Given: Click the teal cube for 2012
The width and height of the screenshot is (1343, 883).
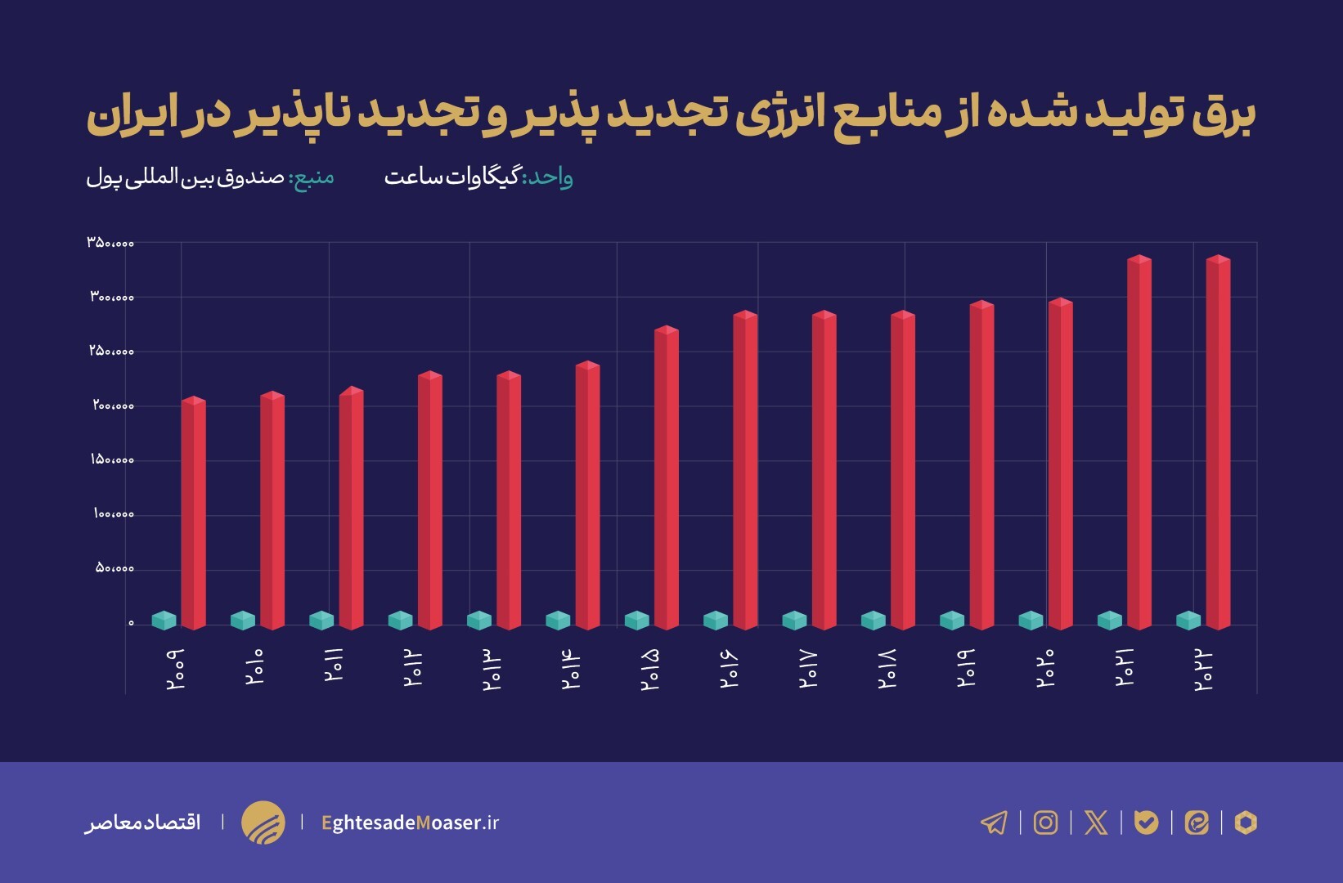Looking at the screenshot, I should [400, 621].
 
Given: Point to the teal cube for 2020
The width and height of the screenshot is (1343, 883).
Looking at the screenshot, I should [1031, 621].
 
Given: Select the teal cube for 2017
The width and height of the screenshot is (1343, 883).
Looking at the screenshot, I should [794, 621].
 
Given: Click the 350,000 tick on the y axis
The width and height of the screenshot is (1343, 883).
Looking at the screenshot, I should [110, 243].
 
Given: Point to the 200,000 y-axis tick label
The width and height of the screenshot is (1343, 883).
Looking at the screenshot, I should [113, 406].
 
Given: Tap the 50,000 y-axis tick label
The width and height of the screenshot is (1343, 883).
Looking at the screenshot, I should [115, 568].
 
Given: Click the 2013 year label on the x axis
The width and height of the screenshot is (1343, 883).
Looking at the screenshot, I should [491, 670].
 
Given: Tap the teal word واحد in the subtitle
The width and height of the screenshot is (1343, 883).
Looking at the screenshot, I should [548, 177].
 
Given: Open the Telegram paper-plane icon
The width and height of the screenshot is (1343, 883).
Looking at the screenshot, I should [994, 822].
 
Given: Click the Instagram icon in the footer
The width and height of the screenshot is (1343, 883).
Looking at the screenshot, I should [1045, 822].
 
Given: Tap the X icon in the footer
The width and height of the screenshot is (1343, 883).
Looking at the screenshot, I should [1096, 822].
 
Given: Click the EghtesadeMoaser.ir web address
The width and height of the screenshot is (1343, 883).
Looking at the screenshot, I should [410, 822].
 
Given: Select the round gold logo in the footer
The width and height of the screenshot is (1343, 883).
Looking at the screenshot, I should [263, 822].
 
